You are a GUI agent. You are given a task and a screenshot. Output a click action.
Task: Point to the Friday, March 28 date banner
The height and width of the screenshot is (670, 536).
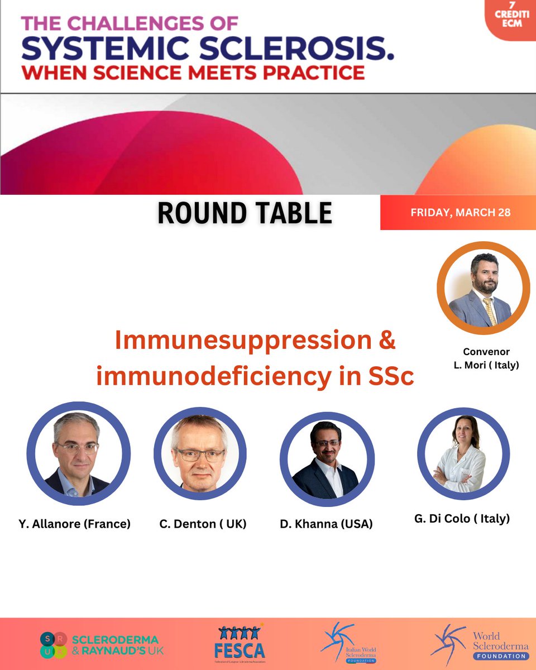460,213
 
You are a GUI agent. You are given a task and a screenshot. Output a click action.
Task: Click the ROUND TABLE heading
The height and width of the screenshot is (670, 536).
245,213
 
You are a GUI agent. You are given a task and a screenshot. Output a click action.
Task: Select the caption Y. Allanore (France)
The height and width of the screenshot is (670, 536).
74,524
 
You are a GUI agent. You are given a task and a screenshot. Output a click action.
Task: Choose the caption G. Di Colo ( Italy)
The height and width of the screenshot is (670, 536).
462,519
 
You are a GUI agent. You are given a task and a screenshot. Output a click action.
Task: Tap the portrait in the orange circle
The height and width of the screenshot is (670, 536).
483,288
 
